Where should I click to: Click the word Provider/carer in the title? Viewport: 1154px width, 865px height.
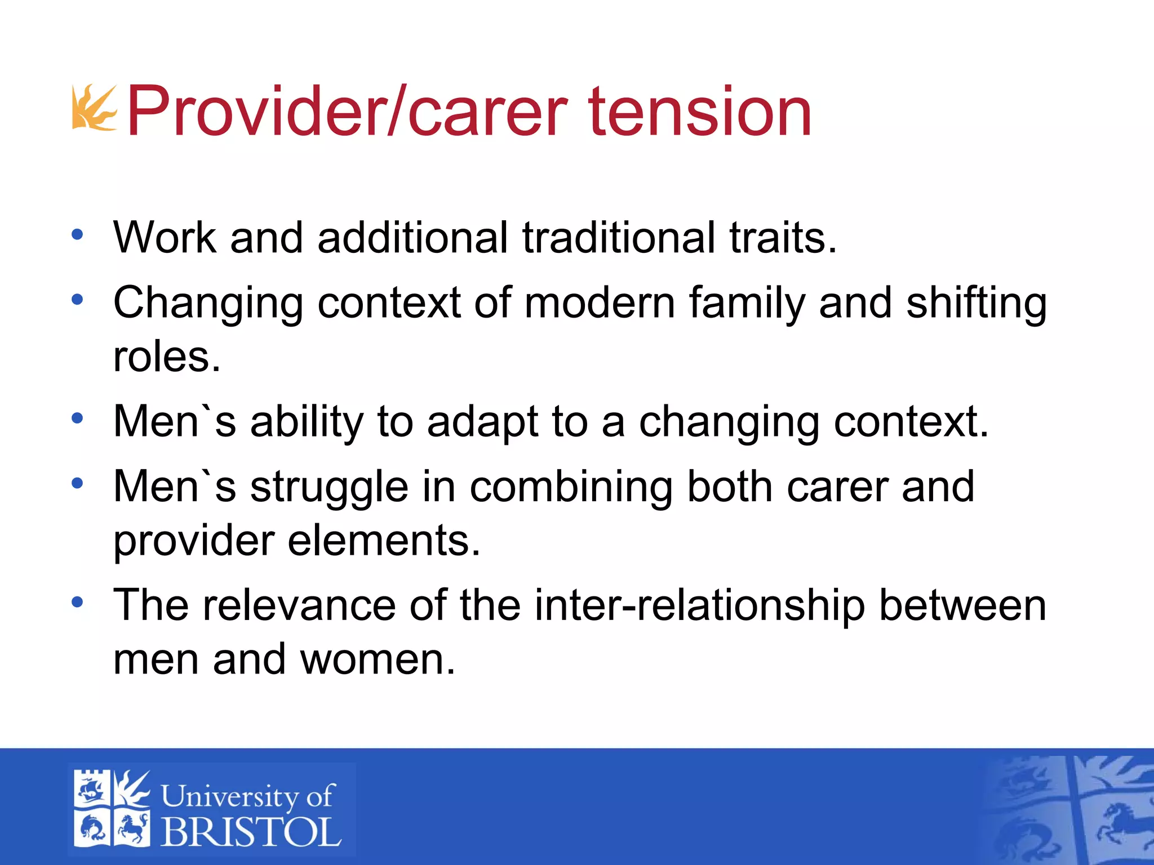pos(347,111)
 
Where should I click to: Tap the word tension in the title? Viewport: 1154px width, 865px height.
pos(700,111)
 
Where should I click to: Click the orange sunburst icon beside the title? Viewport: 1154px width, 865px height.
pos(94,108)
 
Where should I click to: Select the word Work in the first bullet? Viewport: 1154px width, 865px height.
pos(164,238)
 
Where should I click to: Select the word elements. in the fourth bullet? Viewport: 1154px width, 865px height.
pos(384,541)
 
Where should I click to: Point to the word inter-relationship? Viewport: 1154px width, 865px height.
pos(699,605)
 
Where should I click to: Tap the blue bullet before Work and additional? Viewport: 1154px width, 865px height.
pos(77,235)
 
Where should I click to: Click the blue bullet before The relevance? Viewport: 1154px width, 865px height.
pos(77,603)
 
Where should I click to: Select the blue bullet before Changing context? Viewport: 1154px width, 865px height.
pos(77,300)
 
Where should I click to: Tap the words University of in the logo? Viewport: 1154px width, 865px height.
pos(248,796)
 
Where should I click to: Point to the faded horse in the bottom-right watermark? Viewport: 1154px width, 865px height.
pos(1119,828)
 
